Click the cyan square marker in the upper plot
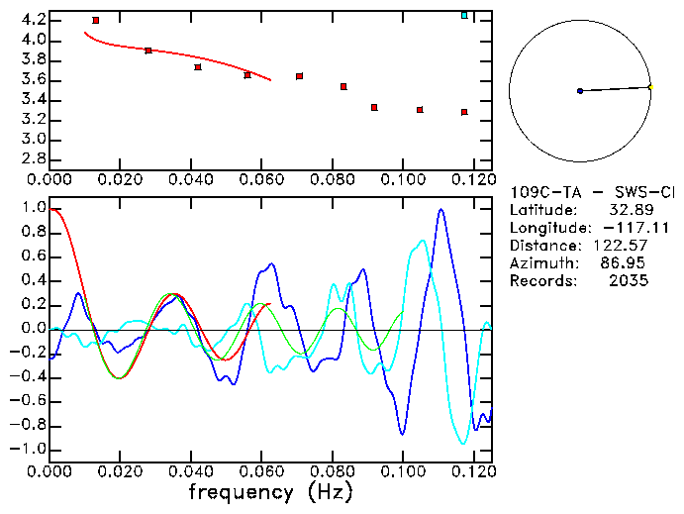tap(464, 15)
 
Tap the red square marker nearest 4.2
tap(96, 20)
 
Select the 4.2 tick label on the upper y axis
tap(34, 20)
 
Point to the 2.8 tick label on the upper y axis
tap(34, 158)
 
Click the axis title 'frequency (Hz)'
tap(271, 492)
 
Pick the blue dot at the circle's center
tap(580, 91)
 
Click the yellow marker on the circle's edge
tap(649, 87)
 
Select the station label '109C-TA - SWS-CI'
tap(592, 192)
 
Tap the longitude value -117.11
tap(623, 228)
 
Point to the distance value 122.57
tap(623, 246)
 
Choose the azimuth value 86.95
tap(627, 263)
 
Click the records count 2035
tap(630, 281)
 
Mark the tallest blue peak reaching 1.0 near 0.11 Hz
tap(440, 210)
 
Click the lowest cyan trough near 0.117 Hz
tap(462, 444)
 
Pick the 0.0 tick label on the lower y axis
tap(34, 329)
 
